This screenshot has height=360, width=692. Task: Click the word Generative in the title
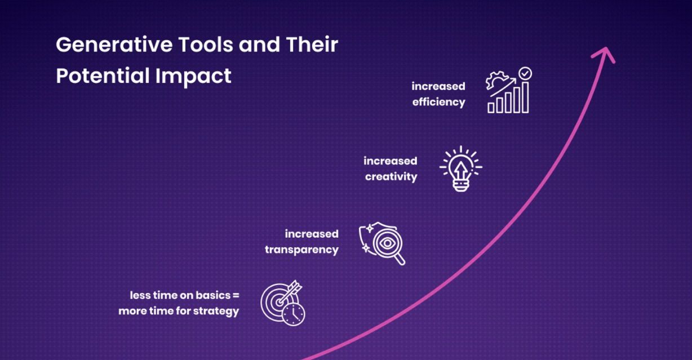pos(114,45)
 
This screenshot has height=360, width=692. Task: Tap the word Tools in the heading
pos(206,45)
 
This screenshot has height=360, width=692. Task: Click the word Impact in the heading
pos(193,76)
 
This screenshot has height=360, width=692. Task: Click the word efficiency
pos(438,102)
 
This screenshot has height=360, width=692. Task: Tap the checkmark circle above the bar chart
pos(525,73)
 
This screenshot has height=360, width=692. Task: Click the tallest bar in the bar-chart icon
pos(525,97)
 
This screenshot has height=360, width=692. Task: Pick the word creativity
pos(391,177)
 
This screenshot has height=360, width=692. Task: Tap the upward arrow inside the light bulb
pos(461,171)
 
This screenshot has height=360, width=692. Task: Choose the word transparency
pos(301,250)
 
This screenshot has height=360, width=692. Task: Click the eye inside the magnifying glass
pos(387,243)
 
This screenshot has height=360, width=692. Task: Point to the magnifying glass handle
pos(400,259)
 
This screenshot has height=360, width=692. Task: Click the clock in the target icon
pos(294,314)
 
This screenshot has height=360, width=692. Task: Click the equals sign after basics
pos(236,296)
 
